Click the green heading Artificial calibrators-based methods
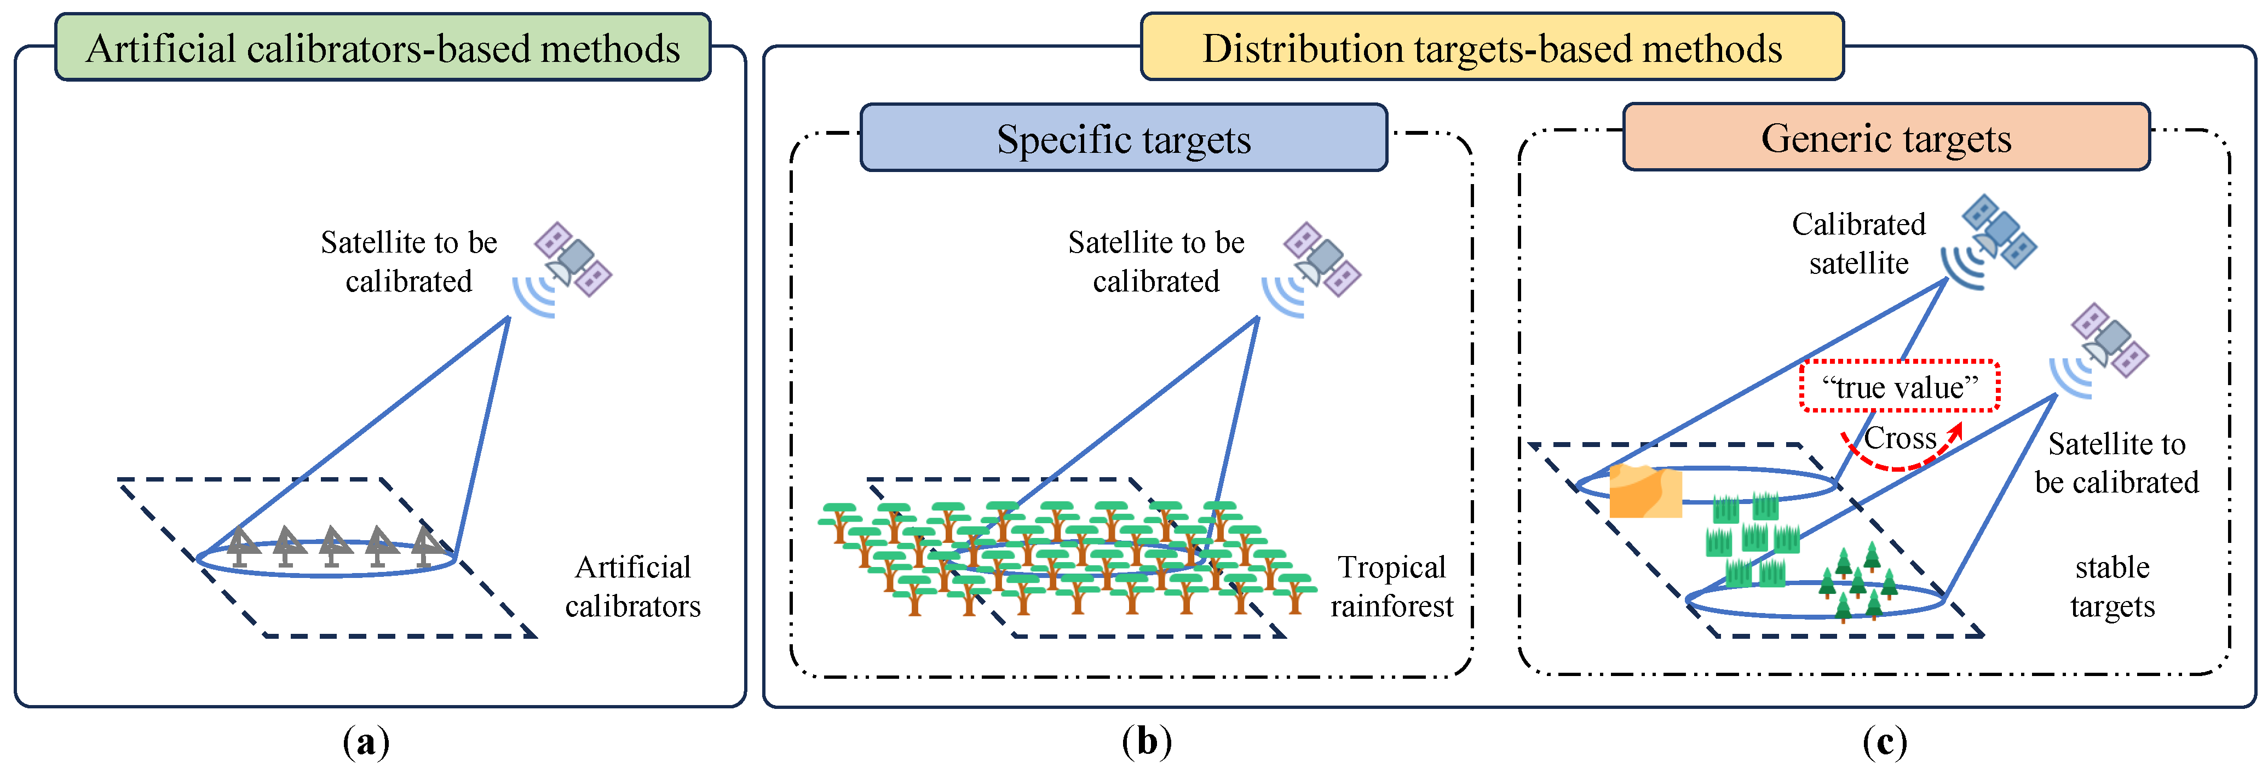click(x=382, y=48)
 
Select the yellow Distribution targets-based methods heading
click(x=1492, y=48)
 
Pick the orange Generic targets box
click(x=1885, y=138)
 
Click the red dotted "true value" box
click(x=1899, y=387)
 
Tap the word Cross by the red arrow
click(x=1900, y=438)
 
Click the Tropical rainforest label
click(x=1391, y=586)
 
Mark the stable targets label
click(x=2112, y=586)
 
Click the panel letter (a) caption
click(x=365, y=742)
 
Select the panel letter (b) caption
click(x=1147, y=742)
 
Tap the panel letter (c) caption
click(x=1884, y=742)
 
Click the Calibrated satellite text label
click(x=1858, y=244)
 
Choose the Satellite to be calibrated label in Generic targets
click(x=2116, y=463)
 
